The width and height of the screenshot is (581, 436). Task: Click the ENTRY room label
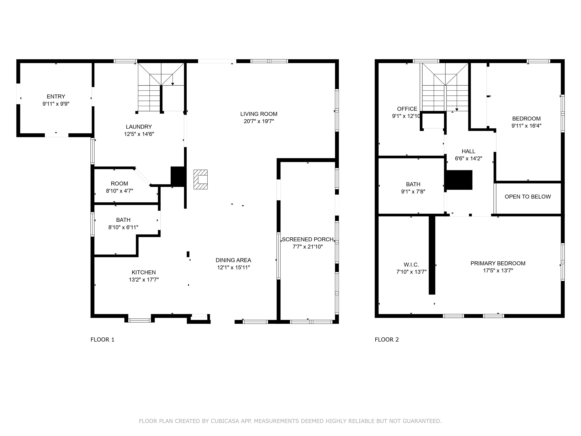56,97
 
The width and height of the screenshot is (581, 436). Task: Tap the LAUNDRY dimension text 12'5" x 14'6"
139,134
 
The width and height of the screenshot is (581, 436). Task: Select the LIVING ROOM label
259,114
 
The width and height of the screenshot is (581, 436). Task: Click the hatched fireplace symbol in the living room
201,180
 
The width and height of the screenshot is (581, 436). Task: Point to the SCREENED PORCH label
308,239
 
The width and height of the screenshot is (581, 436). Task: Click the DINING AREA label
233,260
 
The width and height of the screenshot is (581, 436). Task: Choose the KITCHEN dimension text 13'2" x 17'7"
144,280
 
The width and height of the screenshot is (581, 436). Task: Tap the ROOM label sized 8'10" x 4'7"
120,183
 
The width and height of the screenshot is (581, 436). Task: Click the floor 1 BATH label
123,220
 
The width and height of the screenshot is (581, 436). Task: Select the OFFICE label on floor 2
407,109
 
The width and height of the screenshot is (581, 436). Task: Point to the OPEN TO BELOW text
528,197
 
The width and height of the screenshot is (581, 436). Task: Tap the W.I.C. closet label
411,265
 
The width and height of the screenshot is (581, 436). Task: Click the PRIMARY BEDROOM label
498,263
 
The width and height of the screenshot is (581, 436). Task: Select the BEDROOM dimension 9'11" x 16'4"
526,126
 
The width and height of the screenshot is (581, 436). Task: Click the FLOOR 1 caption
103,339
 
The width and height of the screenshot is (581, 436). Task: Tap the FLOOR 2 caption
387,339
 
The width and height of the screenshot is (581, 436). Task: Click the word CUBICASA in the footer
225,421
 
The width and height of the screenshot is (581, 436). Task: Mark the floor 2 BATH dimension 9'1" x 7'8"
413,192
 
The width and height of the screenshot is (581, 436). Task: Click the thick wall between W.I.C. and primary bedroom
432,255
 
